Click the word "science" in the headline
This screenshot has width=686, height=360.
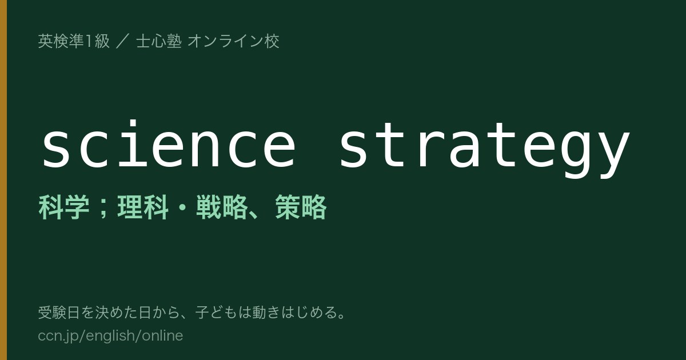point(169,145)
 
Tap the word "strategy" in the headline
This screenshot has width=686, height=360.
point(484,150)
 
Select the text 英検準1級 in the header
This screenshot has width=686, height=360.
point(74,41)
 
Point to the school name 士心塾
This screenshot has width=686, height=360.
point(159,41)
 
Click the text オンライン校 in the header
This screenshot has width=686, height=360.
point(233,41)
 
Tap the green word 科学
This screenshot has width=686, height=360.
point(63,207)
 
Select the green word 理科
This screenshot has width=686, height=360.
point(143,207)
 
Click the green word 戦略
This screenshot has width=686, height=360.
point(222,207)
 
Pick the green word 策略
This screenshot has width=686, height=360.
point(301,207)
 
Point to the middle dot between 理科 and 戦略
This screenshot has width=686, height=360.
point(182,207)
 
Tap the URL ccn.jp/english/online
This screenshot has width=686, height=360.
point(110,335)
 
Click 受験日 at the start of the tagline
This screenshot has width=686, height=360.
point(59,313)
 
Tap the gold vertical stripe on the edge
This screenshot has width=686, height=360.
point(3,180)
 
